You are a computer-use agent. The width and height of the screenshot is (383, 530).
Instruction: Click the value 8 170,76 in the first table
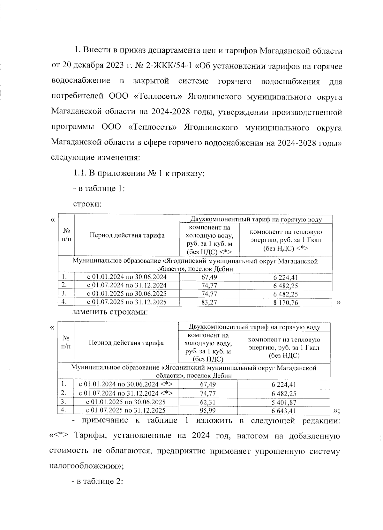(285, 302)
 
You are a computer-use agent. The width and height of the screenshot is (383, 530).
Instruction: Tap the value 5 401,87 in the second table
(284, 402)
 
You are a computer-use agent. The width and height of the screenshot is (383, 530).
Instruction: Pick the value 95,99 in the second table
(208, 411)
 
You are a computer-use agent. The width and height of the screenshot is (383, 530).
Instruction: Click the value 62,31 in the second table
(208, 402)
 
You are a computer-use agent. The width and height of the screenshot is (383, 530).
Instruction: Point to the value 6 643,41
(284, 411)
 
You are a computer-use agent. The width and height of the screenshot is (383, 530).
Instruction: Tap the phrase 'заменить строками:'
(110, 312)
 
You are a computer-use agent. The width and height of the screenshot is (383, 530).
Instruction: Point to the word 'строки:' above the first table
(87, 204)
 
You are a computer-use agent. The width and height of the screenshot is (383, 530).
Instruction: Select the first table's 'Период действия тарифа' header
(127, 235)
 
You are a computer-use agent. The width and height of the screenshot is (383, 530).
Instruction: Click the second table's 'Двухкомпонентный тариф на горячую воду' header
(254, 327)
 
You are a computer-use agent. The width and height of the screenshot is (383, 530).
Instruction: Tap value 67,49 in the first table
(209, 277)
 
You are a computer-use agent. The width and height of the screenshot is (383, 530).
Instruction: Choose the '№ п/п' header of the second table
(66, 342)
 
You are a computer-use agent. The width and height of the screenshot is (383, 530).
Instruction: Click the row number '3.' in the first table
(64, 293)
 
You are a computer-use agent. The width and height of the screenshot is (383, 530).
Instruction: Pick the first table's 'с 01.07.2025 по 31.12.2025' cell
(127, 302)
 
